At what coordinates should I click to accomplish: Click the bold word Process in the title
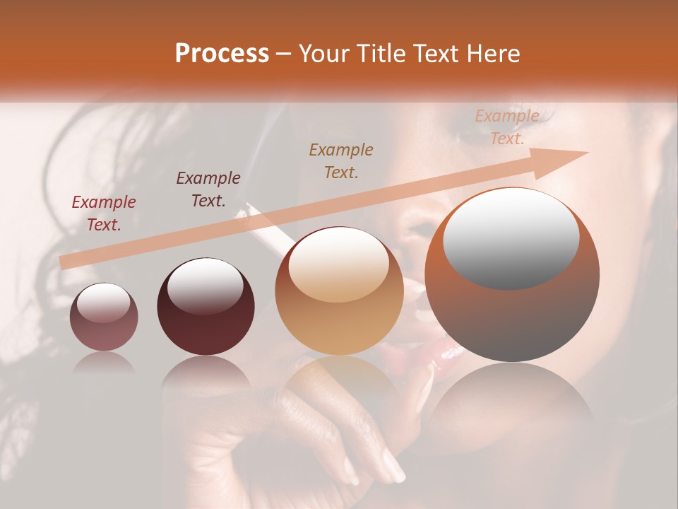point(222,54)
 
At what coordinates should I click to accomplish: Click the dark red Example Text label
point(104,213)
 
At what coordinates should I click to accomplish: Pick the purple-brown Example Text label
point(208,189)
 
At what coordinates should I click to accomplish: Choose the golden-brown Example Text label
point(341,160)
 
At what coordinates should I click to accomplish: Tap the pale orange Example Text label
point(506,127)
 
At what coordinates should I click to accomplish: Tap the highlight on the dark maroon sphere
point(205,286)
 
